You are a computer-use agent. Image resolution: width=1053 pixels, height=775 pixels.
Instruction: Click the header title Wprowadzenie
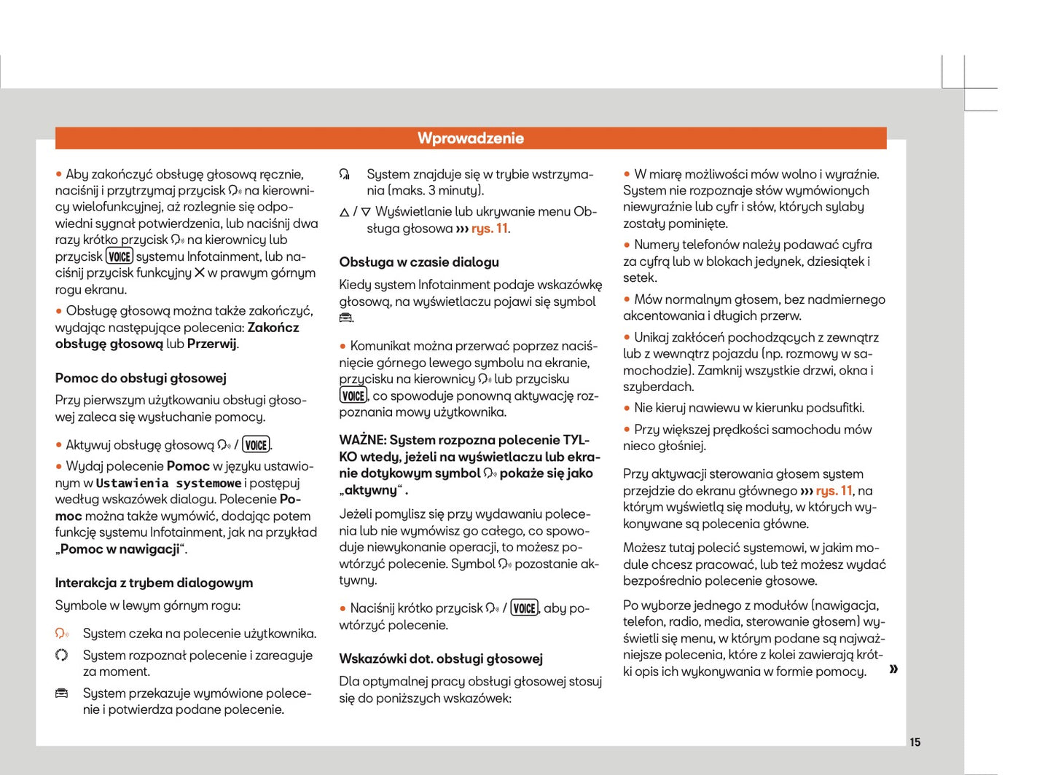(x=471, y=138)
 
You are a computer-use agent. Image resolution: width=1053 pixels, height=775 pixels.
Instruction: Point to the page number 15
(x=915, y=742)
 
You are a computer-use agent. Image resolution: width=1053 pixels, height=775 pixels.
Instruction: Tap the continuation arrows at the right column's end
(x=893, y=669)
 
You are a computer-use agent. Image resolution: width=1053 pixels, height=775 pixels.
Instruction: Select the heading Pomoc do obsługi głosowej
(x=141, y=378)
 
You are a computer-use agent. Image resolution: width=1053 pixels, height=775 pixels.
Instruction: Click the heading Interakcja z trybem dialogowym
(x=154, y=583)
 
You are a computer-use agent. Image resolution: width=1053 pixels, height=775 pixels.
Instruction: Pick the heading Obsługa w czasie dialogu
(x=419, y=262)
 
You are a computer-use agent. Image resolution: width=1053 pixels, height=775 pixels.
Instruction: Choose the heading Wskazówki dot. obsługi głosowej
(x=441, y=659)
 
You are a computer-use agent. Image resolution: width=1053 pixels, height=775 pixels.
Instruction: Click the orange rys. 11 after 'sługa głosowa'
(x=490, y=229)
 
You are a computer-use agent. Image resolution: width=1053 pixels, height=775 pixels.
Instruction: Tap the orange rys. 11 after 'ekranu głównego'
(x=834, y=491)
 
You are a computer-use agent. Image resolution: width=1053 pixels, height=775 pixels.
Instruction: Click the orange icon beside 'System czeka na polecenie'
(x=62, y=634)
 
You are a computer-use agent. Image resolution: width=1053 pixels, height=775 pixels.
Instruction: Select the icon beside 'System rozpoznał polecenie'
(x=62, y=655)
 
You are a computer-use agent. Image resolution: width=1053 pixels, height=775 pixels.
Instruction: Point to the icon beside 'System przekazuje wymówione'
(x=62, y=693)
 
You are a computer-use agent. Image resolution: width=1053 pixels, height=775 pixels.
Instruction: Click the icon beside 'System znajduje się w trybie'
(x=345, y=175)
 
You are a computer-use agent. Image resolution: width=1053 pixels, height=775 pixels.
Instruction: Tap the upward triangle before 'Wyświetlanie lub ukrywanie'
(x=344, y=213)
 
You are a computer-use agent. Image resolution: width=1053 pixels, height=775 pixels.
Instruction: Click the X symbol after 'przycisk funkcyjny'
(x=199, y=272)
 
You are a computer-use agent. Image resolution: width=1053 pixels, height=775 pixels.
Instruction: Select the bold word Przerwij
(x=212, y=344)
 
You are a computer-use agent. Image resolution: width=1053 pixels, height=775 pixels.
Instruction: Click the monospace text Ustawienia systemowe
(x=168, y=484)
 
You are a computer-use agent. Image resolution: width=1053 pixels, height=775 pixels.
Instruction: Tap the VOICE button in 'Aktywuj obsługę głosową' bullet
(x=256, y=445)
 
